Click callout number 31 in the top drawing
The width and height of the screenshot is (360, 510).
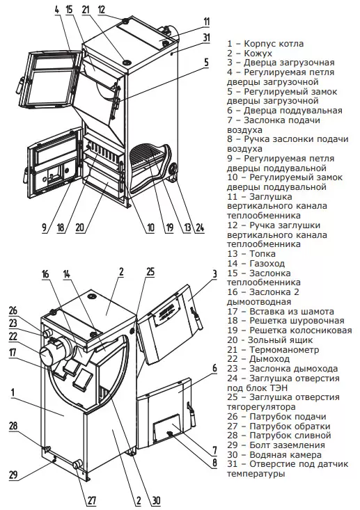(x=207, y=38)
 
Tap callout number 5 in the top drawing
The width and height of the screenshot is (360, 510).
(x=206, y=62)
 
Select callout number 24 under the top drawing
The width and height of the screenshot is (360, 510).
(x=200, y=228)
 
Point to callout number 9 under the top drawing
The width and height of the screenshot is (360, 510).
(x=45, y=228)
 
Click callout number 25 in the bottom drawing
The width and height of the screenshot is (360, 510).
(x=150, y=271)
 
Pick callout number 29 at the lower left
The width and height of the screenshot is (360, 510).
(x=13, y=475)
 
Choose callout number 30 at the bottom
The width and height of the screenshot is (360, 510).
(x=156, y=500)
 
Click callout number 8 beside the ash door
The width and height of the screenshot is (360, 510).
(x=214, y=463)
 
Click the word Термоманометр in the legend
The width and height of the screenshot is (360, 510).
(x=284, y=350)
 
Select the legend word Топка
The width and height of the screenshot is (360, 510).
(x=263, y=254)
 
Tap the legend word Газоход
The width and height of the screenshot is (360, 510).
(x=267, y=263)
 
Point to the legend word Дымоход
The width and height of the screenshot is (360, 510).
(x=269, y=359)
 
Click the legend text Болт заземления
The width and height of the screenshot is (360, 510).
(x=287, y=445)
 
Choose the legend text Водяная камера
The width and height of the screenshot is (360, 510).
(x=285, y=455)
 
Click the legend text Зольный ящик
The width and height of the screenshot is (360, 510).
(x=280, y=340)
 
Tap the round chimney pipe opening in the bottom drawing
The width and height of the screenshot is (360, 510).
(x=46, y=356)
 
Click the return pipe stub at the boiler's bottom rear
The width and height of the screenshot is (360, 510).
(x=78, y=464)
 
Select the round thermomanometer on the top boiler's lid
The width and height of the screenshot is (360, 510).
(x=126, y=62)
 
